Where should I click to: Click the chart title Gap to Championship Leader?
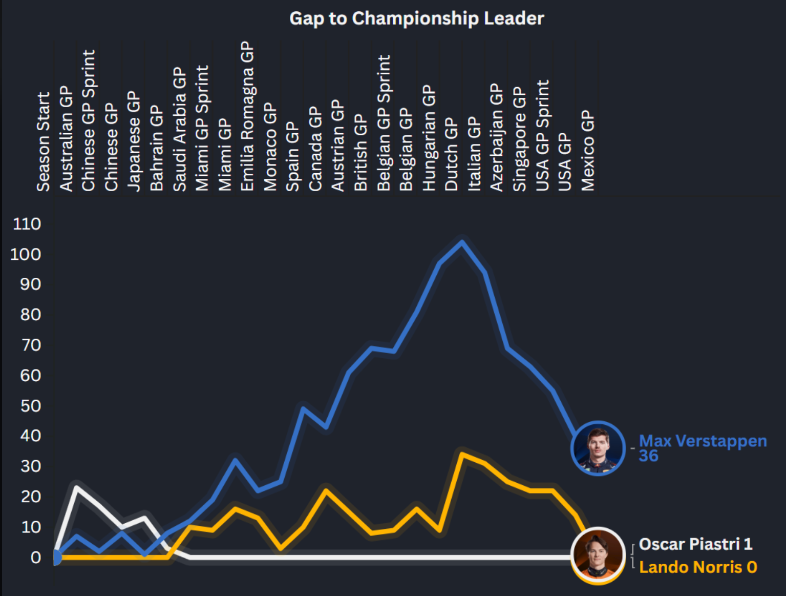coord(416,18)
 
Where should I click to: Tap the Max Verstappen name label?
coord(703,441)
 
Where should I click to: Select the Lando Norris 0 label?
coord(698,567)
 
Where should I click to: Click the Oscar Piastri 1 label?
coord(695,544)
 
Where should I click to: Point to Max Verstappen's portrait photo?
coord(598,448)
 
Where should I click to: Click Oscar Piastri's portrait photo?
coord(598,555)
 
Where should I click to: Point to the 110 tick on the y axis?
coord(27,224)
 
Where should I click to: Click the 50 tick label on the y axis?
coord(30,406)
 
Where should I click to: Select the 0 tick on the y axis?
coord(35,558)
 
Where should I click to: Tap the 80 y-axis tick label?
coord(30,315)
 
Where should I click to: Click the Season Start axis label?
coord(43,142)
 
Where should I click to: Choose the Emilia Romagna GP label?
coord(247,116)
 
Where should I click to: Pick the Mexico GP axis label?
coord(588,150)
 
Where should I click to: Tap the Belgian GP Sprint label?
coord(384,123)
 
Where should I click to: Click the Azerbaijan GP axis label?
coord(497,138)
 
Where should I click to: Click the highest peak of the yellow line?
coord(462,454)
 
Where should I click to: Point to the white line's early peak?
coord(77,486)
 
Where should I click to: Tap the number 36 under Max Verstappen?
coord(648,456)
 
